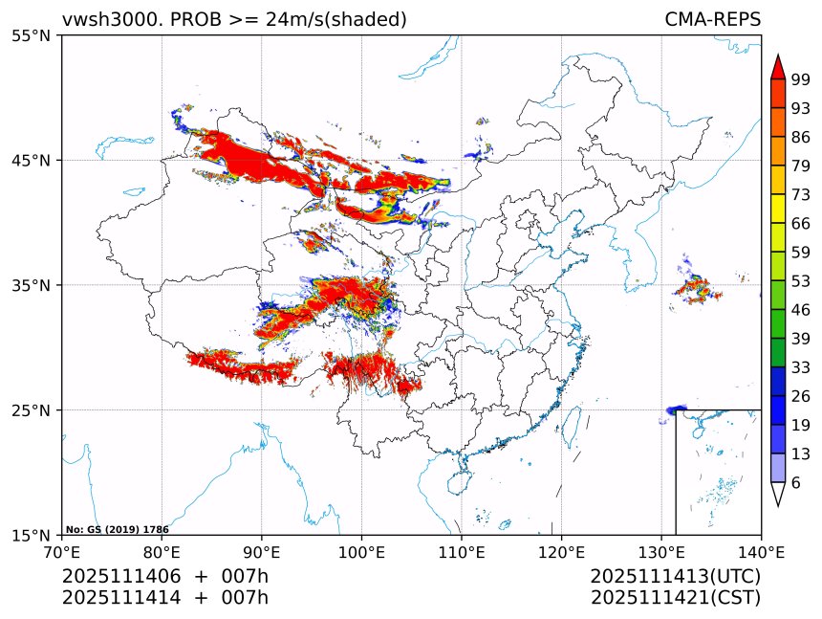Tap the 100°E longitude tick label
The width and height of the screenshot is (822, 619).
(x=361, y=552)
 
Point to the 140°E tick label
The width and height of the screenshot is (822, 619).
(x=761, y=552)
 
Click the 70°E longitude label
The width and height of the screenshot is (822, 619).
(x=62, y=552)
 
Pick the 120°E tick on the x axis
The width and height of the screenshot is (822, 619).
(x=561, y=552)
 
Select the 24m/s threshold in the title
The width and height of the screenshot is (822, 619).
(x=302, y=19)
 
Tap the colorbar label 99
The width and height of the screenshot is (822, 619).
(x=801, y=79)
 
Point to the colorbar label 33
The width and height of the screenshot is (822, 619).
(x=801, y=367)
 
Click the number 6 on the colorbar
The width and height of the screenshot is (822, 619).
(x=796, y=483)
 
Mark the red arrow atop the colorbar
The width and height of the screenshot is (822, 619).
(x=778, y=66)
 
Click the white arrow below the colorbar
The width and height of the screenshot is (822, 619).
(x=778, y=494)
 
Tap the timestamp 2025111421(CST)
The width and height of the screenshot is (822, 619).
(x=675, y=598)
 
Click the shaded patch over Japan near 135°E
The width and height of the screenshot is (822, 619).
(x=695, y=289)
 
